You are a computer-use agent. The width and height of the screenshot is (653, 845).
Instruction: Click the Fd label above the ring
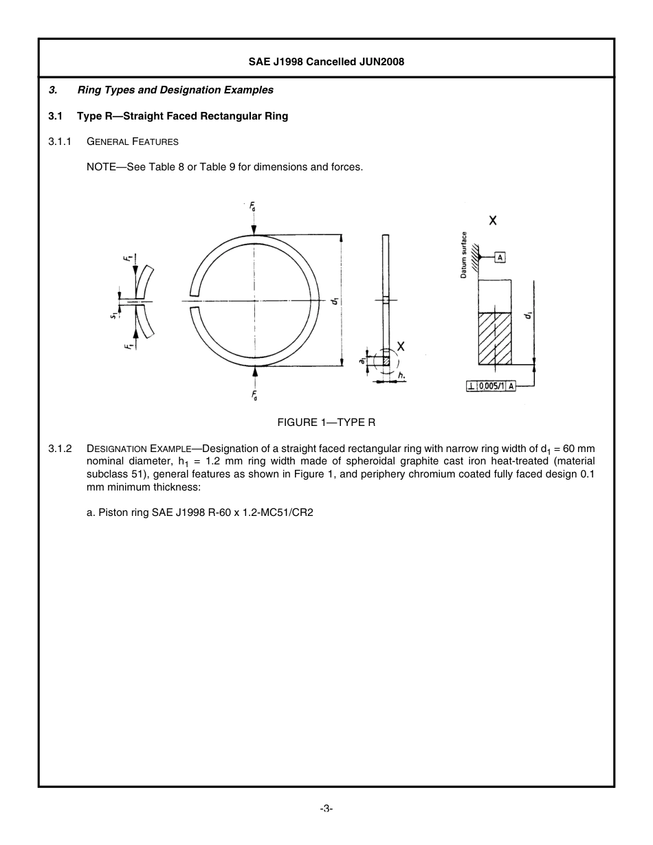pos(253,207)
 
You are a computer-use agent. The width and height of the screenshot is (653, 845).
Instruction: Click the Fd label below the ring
pos(254,395)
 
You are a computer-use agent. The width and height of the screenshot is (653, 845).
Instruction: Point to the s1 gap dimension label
pos(114,315)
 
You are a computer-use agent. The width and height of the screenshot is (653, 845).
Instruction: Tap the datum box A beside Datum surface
pos(500,257)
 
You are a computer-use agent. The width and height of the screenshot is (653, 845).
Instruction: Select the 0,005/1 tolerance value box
pos(492,386)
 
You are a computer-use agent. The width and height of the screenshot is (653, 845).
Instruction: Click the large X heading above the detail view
pos(493,221)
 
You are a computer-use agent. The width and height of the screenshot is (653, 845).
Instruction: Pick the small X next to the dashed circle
pos(401,347)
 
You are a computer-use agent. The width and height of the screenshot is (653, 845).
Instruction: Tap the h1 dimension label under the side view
pos(401,376)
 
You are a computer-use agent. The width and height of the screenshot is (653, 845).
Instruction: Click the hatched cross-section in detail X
pos(495,339)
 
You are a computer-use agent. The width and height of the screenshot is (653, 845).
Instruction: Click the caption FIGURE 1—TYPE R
pos(326,422)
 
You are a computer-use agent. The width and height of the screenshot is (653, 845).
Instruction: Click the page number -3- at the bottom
pos(326,809)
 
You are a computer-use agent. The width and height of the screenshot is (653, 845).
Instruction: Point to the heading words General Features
pos(133,142)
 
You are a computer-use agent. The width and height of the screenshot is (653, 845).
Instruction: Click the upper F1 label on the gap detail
pos(127,258)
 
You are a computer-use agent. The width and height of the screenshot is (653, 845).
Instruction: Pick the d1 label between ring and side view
pos(334,301)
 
